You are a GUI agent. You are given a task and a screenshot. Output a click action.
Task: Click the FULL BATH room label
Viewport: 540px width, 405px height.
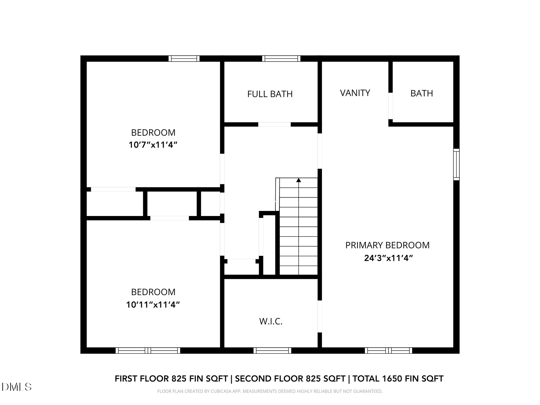tap(270, 94)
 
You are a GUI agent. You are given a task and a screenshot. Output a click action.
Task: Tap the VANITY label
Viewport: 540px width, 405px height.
tap(355, 93)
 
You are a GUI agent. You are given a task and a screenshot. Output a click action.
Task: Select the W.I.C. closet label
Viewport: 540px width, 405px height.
tap(271, 321)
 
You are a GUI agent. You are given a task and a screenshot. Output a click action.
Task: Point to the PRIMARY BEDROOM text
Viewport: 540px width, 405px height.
tap(387, 245)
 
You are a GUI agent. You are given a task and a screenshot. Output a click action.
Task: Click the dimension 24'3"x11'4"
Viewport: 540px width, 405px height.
tap(388, 258)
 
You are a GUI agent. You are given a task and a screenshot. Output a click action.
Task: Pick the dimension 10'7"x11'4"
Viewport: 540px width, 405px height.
tap(153, 145)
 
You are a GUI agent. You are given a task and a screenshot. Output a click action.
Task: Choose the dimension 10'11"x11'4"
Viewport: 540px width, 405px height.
tap(153, 305)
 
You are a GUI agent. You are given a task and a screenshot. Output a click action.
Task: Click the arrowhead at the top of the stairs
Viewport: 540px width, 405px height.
tap(298, 180)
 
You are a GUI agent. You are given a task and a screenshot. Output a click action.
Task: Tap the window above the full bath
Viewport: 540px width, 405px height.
tap(281, 58)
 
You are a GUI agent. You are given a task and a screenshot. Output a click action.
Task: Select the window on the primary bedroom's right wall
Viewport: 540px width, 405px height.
tap(456, 164)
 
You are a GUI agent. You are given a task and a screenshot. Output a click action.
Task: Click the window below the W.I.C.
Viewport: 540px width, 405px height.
tap(272, 350)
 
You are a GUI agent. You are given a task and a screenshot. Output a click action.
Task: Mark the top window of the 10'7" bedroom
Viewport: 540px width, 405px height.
tap(184, 58)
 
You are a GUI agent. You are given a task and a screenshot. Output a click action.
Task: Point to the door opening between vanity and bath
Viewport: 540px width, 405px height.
tap(390, 106)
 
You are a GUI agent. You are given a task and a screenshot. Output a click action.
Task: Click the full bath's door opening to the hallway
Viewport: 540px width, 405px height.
tap(274, 125)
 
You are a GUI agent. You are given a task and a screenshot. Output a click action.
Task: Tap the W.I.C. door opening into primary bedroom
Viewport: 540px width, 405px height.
tap(320, 317)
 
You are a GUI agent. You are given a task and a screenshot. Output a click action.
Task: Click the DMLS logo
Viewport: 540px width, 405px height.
tap(17, 387)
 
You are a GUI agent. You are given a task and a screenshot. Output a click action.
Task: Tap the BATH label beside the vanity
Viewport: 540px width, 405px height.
tap(422, 93)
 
